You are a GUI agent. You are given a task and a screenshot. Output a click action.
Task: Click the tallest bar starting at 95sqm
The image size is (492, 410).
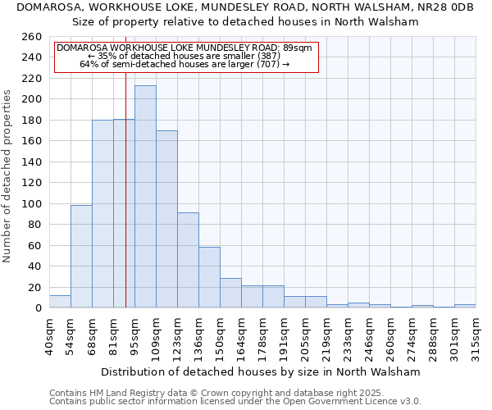(145, 197)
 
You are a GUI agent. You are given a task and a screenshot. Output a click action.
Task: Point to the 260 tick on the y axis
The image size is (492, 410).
(32, 37)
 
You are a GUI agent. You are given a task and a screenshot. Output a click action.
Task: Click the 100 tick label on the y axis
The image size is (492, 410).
(32, 203)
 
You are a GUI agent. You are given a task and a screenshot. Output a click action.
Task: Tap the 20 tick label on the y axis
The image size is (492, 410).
(35, 287)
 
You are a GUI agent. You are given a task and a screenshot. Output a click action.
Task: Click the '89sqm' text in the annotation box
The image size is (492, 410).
(297, 48)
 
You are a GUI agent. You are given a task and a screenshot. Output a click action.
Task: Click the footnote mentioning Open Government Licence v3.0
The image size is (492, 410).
(235, 401)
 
